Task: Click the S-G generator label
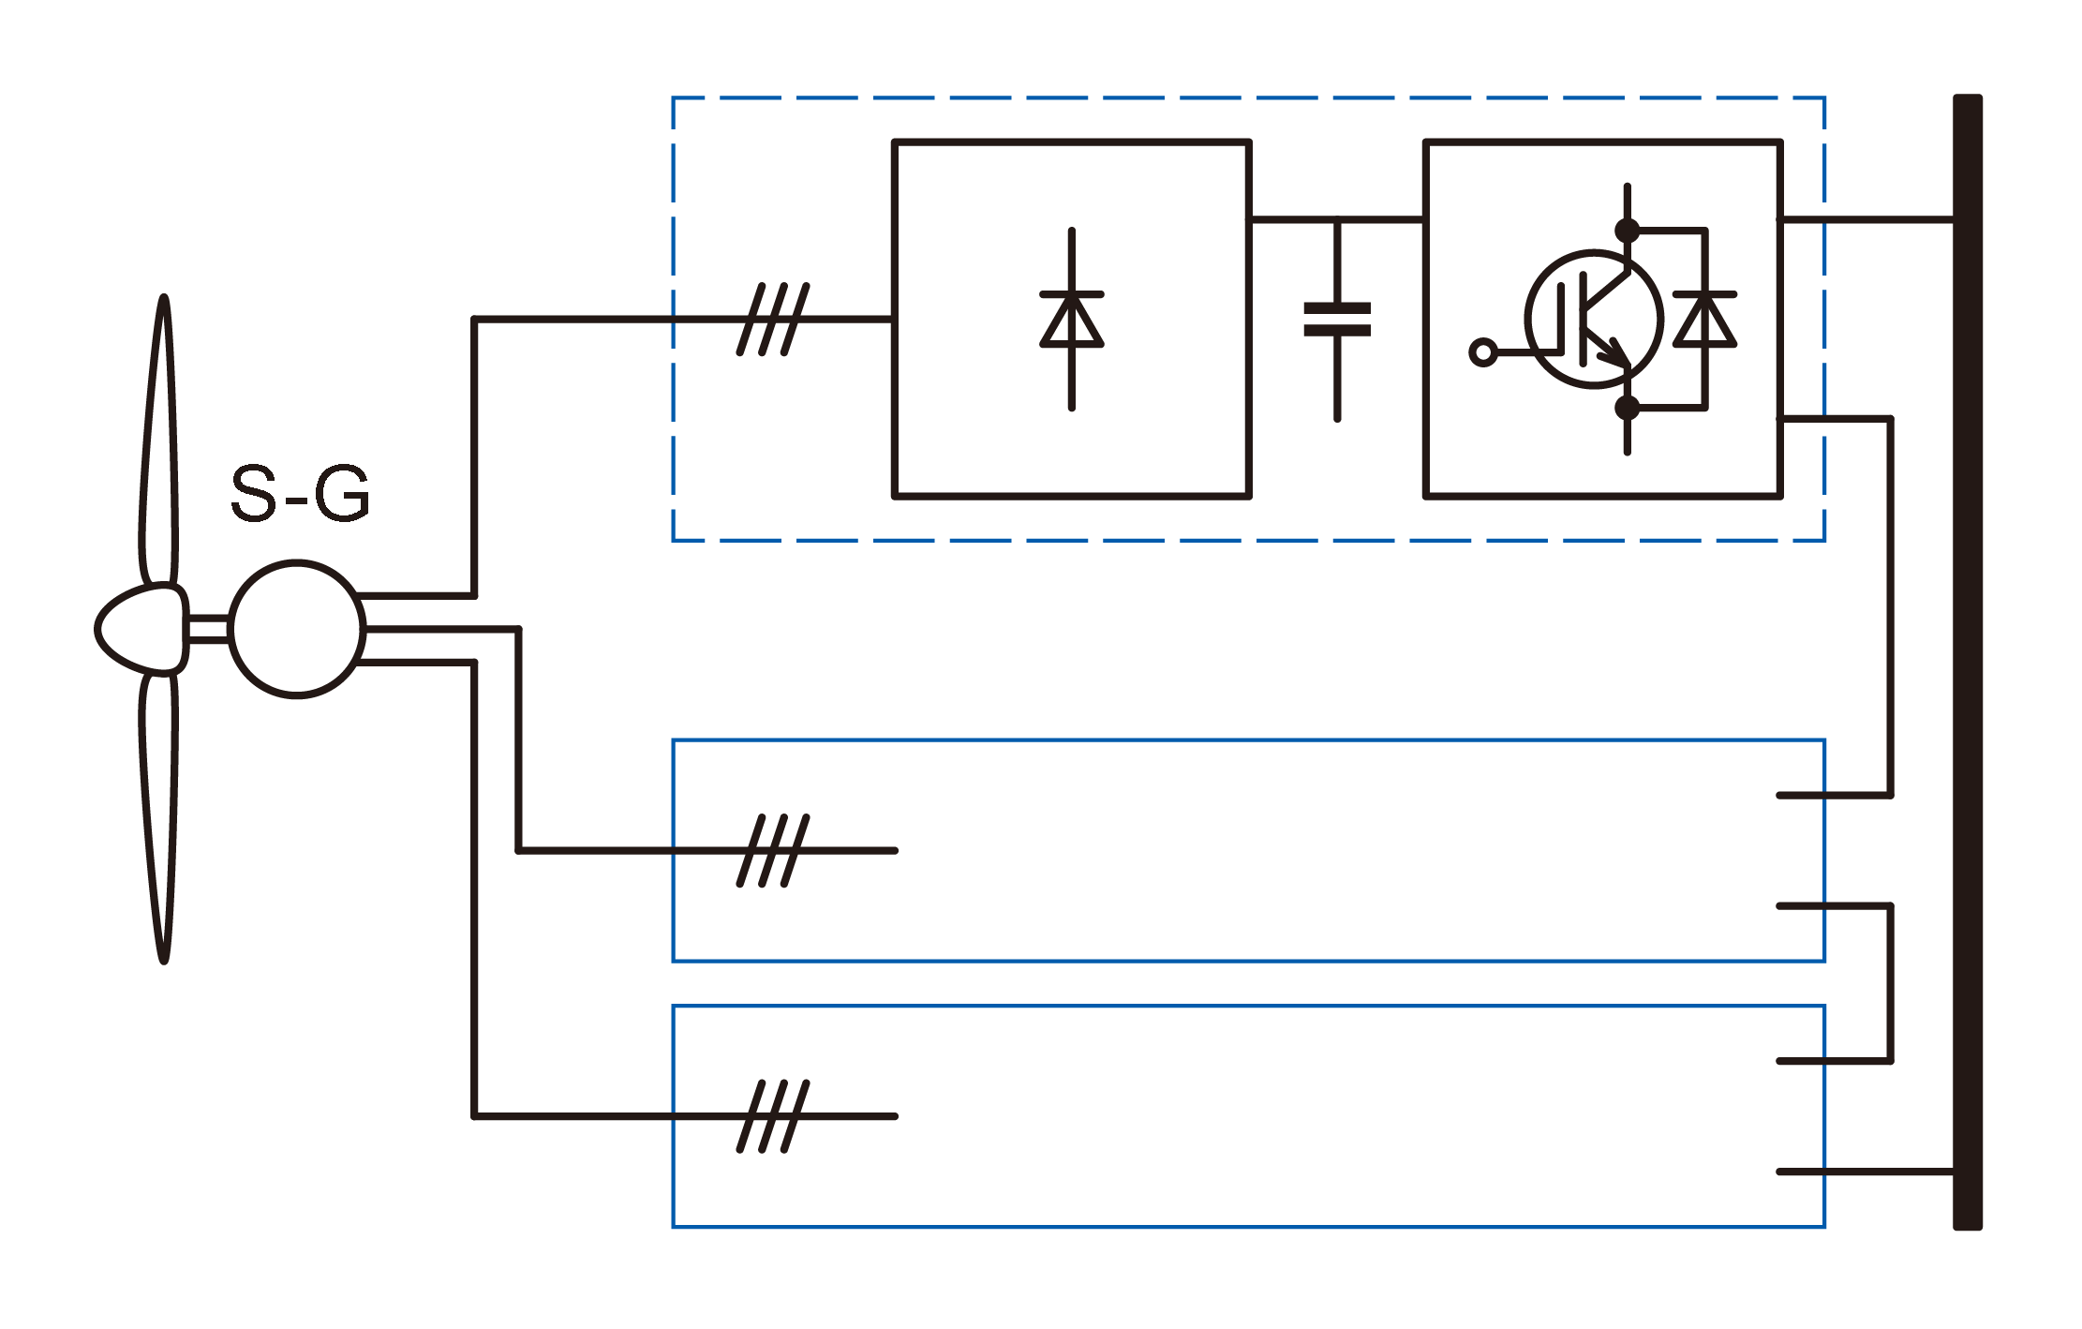click(300, 493)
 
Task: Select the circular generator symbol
click(297, 629)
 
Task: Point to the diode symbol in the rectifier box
click(1071, 320)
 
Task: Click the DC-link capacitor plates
click(1337, 320)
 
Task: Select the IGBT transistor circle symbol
click(1594, 319)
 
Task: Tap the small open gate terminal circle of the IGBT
click(1482, 352)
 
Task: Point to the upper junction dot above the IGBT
click(1628, 230)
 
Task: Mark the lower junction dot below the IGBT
click(1628, 408)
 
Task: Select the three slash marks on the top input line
click(773, 320)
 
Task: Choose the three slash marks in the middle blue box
click(773, 851)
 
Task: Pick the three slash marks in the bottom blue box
click(773, 1116)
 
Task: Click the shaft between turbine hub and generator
click(208, 629)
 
